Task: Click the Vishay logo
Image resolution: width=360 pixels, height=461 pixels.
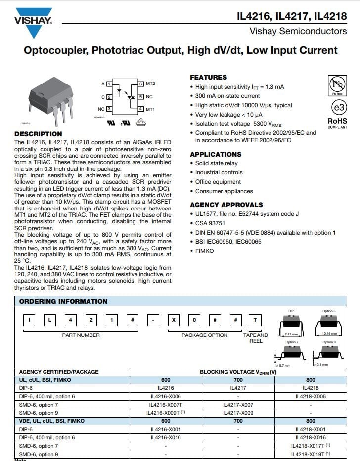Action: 33,23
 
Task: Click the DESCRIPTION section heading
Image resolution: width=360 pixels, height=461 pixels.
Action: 38,134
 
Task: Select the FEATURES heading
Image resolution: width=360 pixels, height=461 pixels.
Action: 208,77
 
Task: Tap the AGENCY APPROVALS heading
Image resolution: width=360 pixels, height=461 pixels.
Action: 226,205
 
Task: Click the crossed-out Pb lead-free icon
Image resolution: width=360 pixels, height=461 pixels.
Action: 338,84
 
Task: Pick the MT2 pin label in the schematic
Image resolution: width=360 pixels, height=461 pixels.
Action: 150,84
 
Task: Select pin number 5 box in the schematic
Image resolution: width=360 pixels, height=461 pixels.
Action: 141,97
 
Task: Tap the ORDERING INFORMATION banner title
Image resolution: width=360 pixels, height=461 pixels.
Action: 63,301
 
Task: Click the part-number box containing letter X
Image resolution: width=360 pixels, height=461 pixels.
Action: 174,320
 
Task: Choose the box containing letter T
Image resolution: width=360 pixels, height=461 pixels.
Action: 255,320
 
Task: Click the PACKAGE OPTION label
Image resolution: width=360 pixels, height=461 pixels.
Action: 204,335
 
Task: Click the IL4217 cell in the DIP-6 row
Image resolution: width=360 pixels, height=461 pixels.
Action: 238,388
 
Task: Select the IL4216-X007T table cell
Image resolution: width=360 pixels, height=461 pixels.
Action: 166,405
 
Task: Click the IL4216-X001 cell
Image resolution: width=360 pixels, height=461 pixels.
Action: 166,429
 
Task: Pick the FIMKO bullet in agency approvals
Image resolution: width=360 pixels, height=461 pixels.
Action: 204,251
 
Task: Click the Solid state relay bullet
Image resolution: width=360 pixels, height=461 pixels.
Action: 216,163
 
